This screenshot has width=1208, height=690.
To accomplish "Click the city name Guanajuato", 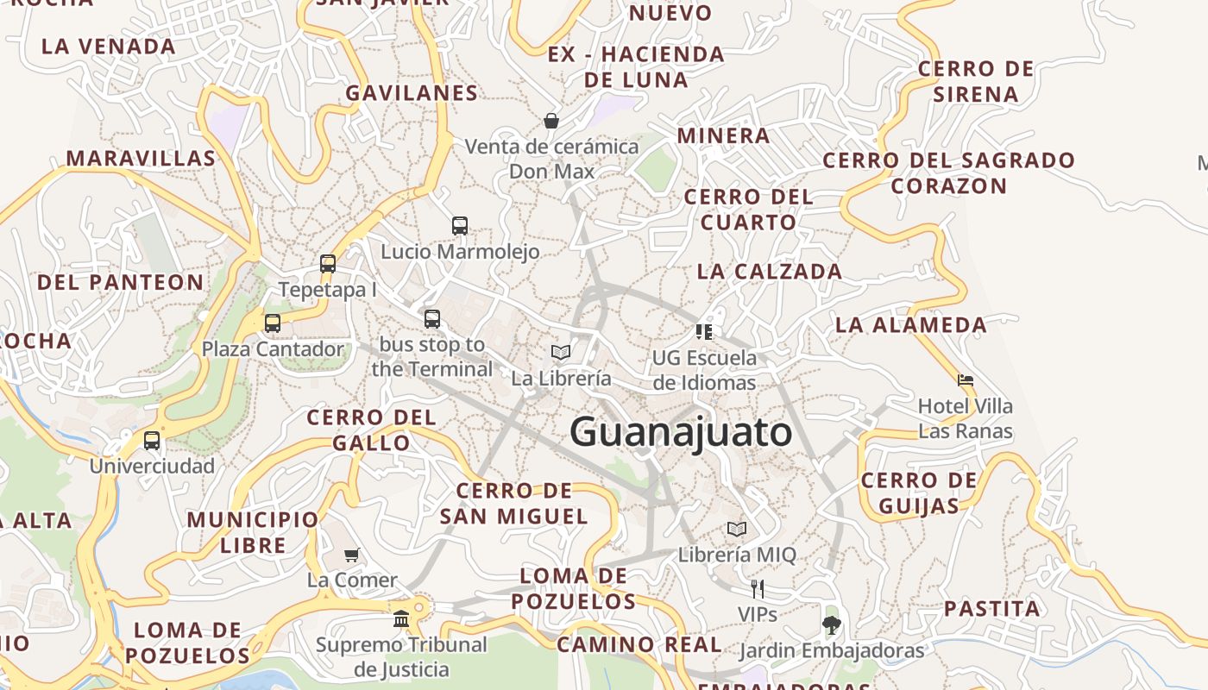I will click(681, 432).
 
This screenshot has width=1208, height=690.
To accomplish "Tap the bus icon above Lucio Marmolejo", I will click(460, 226).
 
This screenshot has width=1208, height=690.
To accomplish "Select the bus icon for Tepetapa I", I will click(328, 264).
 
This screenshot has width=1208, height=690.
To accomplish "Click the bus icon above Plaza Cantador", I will click(273, 323).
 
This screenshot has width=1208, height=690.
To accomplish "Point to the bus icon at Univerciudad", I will click(152, 441).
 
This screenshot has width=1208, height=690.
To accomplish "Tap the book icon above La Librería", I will click(561, 352).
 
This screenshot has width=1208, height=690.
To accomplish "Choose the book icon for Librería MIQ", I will click(737, 529).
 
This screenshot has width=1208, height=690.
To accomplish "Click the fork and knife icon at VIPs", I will click(758, 589).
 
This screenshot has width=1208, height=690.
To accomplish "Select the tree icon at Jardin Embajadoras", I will click(831, 624).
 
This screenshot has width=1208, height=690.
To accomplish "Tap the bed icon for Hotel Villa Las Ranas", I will click(966, 379).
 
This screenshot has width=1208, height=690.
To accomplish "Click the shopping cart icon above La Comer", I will click(351, 555).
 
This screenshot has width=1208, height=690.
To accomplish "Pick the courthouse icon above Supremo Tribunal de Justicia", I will click(401, 618).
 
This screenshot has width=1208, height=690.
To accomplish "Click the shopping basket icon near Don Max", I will click(551, 121).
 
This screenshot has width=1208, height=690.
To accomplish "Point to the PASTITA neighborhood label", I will click(991, 609).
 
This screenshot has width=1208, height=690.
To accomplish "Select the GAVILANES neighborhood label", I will click(412, 93).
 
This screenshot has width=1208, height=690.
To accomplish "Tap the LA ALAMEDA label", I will click(910, 325).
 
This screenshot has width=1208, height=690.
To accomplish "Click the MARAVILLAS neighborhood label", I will click(141, 159).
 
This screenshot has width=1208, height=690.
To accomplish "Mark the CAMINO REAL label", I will click(639, 644).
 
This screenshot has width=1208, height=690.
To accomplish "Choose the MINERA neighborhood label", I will click(723, 135).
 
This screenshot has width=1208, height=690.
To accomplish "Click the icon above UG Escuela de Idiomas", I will click(704, 332).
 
